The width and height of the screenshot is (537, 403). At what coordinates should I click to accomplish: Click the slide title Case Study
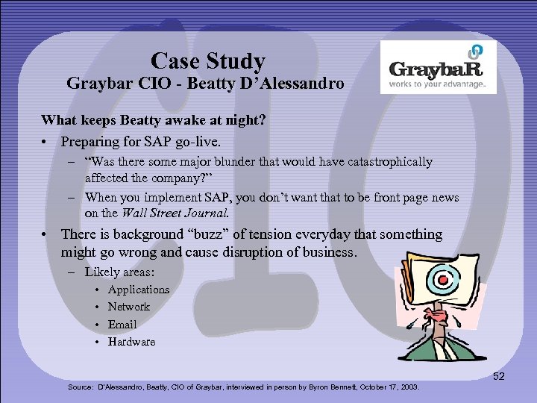click(207, 60)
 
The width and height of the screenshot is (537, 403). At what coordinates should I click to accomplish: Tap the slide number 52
click(498, 376)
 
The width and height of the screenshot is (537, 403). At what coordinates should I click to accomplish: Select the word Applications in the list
click(139, 290)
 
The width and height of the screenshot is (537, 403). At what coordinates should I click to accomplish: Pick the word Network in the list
click(128, 307)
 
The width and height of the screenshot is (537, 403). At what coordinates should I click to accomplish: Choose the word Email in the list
click(122, 325)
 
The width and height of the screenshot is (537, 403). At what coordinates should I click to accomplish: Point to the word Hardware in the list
click(131, 342)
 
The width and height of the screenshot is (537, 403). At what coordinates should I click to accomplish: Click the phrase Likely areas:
click(119, 272)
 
